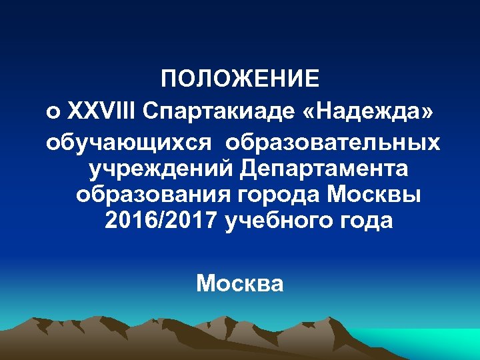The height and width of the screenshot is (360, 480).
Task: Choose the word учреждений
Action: click(x=161, y=170)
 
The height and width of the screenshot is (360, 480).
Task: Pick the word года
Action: click(x=370, y=221)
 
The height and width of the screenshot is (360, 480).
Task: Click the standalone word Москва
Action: click(x=240, y=284)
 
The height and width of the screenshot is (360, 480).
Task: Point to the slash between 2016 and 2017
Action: click(x=161, y=221)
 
